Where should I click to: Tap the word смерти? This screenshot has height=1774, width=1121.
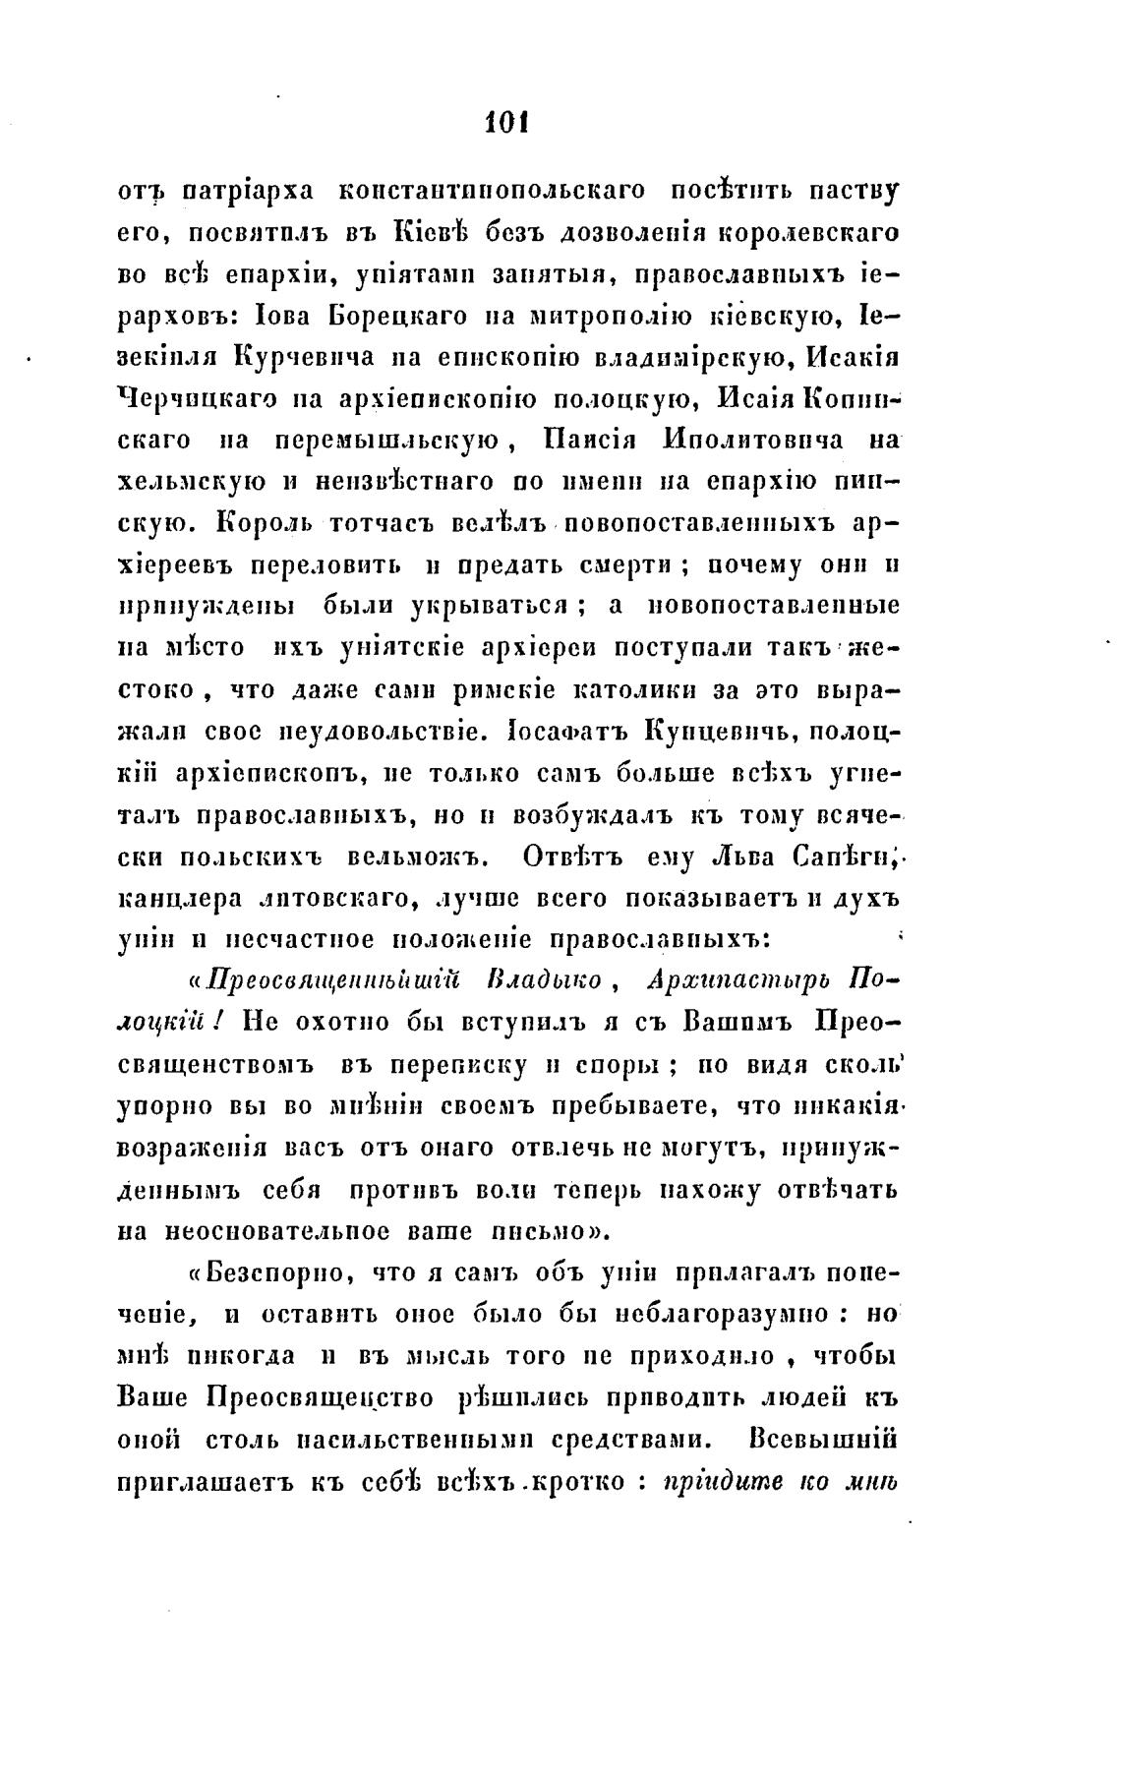pyautogui.click(x=617, y=566)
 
